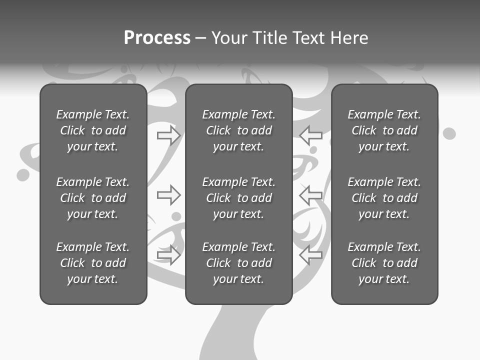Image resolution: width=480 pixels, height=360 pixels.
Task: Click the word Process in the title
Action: tap(157, 38)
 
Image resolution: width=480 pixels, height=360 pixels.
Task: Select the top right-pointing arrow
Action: tap(168, 135)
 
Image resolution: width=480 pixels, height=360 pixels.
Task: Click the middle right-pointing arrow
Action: tap(168, 195)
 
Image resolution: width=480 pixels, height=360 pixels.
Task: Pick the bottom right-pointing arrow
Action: tap(168, 255)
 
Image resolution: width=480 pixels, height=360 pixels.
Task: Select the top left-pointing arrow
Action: tap(311, 135)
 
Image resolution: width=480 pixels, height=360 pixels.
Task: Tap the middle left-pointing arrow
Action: tap(311, 195)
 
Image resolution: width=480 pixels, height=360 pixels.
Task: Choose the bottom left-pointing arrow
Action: tap(311, 255)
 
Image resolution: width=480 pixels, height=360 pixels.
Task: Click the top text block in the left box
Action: tap(93, 130)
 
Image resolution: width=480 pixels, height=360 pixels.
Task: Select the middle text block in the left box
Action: tap(93, 198)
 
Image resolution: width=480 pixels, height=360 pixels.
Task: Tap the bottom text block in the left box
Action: tap(93, 263)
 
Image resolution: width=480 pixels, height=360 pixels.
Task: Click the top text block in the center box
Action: tap(238, 130)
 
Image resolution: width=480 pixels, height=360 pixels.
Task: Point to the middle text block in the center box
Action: tap(238, 198)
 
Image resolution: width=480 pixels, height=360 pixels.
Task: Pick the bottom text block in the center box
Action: tap(238, 263)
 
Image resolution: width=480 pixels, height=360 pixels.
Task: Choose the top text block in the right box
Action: tap(384, 130)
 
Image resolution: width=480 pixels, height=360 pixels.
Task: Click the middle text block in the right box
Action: tap(384, 198)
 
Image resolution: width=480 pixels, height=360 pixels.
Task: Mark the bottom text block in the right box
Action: tap(384, 263)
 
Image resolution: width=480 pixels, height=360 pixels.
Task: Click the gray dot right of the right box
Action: tap(449, 133)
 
